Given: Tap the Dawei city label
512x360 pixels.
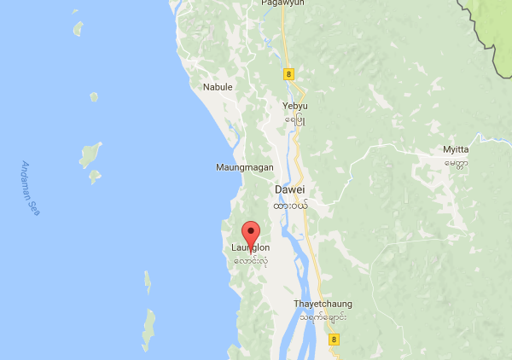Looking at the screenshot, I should click(x=290, y=189).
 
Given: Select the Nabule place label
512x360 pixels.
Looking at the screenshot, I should click(x=218, y=87).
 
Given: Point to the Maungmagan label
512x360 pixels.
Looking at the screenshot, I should click(x=243, y=167).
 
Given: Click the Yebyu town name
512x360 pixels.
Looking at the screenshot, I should click(x=294, y=107).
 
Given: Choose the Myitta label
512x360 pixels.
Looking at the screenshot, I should click(x=456, y=150).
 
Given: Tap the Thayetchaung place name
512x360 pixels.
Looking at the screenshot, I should click(x=323, y=304).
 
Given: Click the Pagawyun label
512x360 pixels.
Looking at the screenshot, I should click(x=282, y=4).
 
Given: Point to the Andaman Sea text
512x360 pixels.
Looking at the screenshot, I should click(x=31, y=188).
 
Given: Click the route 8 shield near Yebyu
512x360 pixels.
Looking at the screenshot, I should click(x=288, y=74).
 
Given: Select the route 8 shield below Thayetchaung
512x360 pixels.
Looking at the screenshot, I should click(x=334, y=339).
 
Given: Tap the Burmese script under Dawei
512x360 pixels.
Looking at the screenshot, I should click(x=290, y=206).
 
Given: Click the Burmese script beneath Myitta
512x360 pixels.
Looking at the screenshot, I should click(x=456, y=163).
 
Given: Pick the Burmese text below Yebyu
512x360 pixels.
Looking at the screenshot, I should click(x=294, y=120).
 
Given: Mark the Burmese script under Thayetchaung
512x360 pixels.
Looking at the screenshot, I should click(x=323, y=317).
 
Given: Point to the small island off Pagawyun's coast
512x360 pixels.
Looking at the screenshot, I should click(x=79, y=28).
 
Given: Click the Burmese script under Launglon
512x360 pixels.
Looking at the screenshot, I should click(x=250, y=261).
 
